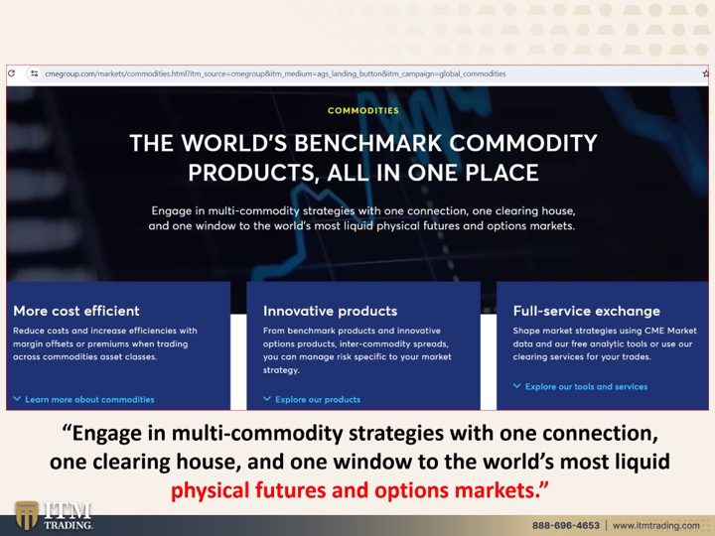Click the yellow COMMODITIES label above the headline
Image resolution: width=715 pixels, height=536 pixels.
click(363, 110)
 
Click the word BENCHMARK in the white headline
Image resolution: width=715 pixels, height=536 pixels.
click(368, 143)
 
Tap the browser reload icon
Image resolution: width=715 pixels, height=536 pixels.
click(11, 73)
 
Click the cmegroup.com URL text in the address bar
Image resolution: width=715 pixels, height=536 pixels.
click(275, 73)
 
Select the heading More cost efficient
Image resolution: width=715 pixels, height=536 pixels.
click(76, 311)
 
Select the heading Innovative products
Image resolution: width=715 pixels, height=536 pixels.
click(330, 311)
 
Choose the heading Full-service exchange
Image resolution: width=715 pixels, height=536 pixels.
click(587, 311)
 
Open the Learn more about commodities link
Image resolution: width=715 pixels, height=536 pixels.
click(89, 400)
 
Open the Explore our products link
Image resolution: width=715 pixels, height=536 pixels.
click(318, 400)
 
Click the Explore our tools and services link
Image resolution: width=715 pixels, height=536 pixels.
click(586, 387)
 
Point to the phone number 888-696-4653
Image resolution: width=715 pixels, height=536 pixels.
click(565, 525)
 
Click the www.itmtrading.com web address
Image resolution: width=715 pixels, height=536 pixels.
click(655, 525)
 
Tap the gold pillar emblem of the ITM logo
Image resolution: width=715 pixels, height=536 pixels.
click(27, 515)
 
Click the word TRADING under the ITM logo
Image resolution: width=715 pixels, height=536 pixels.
click(69, 525)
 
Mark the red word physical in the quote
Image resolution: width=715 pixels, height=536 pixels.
click(211, 491)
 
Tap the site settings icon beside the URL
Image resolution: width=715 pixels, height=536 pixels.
click(34, 73)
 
